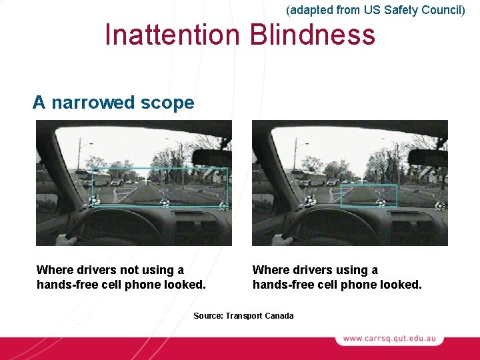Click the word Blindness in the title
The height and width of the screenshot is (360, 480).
313,35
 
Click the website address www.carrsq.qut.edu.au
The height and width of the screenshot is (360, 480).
389,339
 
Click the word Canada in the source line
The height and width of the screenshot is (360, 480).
279,315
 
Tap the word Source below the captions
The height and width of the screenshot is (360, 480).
207,315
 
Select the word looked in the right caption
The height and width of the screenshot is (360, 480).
401,285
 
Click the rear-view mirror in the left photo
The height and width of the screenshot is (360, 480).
212,157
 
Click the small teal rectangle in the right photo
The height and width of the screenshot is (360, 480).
369,195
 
